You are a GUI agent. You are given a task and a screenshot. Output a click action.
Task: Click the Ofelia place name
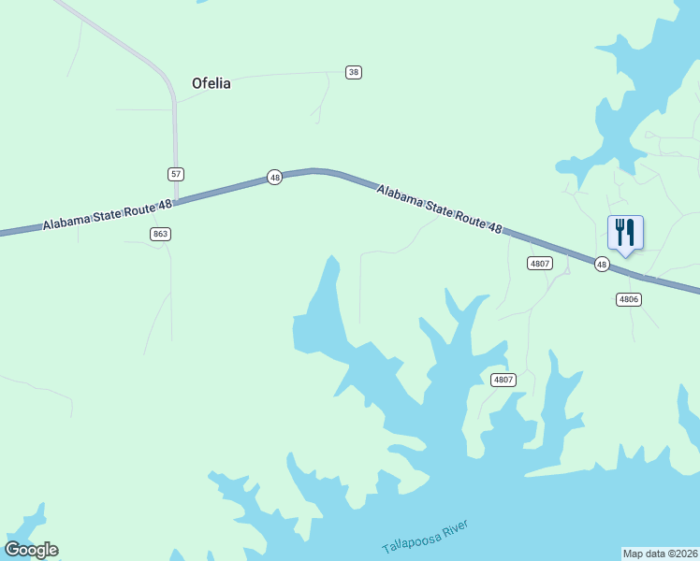coord(211,82)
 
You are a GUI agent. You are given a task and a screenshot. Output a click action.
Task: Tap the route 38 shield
coord(353,72)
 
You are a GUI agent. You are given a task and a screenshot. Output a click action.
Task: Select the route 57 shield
coord(176,174)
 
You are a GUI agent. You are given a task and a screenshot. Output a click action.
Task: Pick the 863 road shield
coord(160,234)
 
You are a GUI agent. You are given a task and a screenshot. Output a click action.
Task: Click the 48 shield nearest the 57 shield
coord(274,177)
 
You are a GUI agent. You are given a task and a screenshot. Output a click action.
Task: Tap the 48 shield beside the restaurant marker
coord(602,265)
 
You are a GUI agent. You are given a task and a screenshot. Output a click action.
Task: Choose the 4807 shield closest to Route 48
coord(539,264)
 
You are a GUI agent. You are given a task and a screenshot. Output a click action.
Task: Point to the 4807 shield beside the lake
coord(503,379)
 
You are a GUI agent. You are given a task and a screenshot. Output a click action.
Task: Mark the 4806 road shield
coord(628,299)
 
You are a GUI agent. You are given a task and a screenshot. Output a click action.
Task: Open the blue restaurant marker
coord(625,234)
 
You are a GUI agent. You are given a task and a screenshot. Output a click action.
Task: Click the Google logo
coord(31,550)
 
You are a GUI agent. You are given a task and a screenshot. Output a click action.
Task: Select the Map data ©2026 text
coord(660,553)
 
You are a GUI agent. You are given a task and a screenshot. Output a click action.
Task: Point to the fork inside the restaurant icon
coord(620,231)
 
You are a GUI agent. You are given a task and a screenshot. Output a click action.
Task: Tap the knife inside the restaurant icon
coord(631,231)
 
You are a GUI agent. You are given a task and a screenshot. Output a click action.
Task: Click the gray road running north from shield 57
coord(174,131)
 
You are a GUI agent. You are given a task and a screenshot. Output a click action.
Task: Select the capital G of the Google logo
coord(12,550)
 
